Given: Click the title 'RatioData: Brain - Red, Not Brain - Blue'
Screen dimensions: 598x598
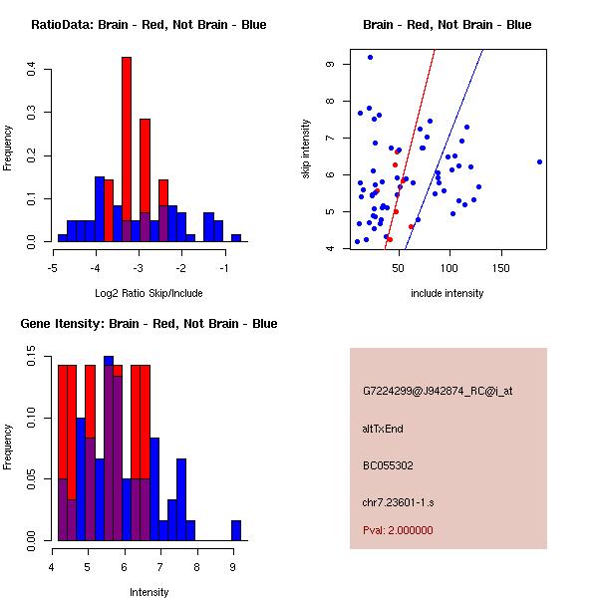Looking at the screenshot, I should pos(149,25).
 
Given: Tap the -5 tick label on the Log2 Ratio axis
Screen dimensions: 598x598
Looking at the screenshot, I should pos(53,268).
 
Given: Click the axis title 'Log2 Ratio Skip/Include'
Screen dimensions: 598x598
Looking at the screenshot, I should pos(149,293).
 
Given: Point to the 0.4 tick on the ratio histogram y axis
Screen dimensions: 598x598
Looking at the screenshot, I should pos(32,69).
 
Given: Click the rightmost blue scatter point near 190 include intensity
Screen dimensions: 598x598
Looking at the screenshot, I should pos(539,161).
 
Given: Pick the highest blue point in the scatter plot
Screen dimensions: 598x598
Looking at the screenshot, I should pos(370,58).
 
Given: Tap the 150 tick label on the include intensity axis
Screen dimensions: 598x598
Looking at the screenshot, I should pos(501,267).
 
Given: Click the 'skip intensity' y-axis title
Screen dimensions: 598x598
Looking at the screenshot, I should pos(307,149).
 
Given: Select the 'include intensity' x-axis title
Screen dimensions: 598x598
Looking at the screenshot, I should pos(448,293).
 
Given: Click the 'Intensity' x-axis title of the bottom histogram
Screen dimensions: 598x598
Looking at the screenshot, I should pos(149,592).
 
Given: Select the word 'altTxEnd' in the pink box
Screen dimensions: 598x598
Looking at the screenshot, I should pos(383,429).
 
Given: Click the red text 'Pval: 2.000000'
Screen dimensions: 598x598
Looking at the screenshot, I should pos(398,530).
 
